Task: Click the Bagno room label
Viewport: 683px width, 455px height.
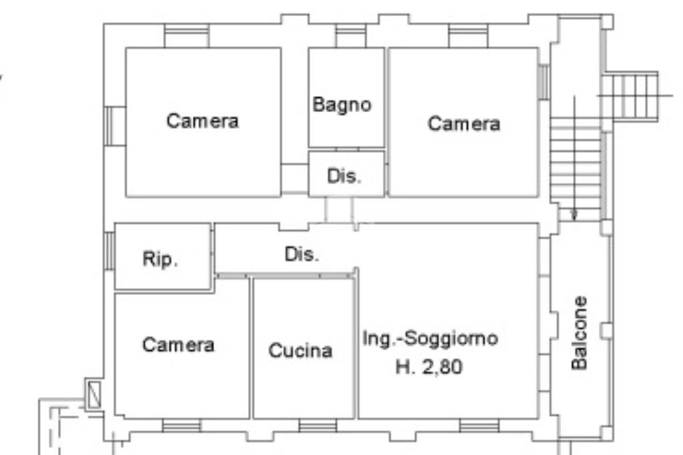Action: pyautogui.click(x=342, y=105)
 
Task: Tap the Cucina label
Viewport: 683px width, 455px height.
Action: pyautogui.click(x=300, y=350)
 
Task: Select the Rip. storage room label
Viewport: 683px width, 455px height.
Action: pyautogui.click(x=160, y=260)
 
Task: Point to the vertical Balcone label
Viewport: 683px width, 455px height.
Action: pyautogui.click(x=580, y=332)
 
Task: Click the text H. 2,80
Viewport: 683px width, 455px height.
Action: pyautogui.click(x=429, y=366)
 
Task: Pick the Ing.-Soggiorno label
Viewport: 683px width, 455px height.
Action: pyautogui.click(x=430, y=338)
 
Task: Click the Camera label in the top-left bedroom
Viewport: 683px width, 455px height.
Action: pyautogui.click(x=203, y=121)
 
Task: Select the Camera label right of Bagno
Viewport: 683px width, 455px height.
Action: pyautogui.click(x=464, y=123)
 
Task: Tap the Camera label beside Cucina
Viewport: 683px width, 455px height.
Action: pyautogui.click(x=179, y=345)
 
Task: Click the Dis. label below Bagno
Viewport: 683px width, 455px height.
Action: pyautogui.click(x=344, y=177)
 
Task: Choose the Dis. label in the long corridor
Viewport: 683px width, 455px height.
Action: pyautogui.click(x=302, y=254)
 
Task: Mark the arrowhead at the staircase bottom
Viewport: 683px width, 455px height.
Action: pyautogui.click(x=574, y=214)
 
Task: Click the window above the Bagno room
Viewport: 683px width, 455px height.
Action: pyautogui.click(x=350, y=35)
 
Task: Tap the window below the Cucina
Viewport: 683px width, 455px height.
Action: pyautogui.click(x=317, y=426)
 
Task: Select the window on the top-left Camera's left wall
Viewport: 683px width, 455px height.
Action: pyautogui.click(x=111, y=125)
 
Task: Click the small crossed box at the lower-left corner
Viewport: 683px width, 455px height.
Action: pyautogui.click(x=93, y=393)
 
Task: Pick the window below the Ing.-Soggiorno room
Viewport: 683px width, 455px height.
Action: pyautogui.click(x=479, y=426)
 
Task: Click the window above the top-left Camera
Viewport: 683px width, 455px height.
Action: pyautogui.click(x=186, y=35)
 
